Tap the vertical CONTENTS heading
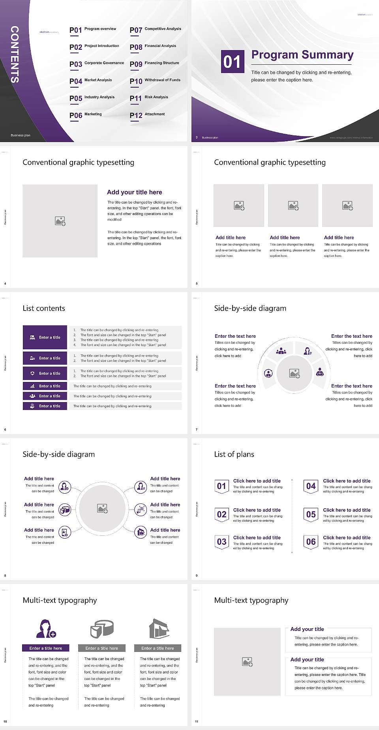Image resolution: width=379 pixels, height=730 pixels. click(x=14, y=54)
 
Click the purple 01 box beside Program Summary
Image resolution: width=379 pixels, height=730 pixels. click(x=232, y=62)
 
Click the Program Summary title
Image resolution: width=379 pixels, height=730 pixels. click(x=302, y=55)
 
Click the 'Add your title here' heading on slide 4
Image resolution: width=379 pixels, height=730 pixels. click(x=134, y=192)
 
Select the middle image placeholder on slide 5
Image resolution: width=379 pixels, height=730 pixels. click(x=293, y=206)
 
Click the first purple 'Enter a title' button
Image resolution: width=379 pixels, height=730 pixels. click(x=45, y=337)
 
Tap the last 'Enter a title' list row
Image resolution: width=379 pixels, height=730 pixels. click(x=45, y=406)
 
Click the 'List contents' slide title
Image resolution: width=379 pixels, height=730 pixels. click(x=44, y=308)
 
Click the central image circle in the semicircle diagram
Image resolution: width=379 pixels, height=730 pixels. click(x=295, y=373)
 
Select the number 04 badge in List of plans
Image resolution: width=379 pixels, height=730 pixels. click(x=311, y=486)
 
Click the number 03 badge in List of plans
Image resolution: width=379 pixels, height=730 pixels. click(x=222, y=542)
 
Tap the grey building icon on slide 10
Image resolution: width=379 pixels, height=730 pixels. click(x=159, y=629)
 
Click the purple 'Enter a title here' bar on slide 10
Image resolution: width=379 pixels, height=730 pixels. click(x=46, y=648)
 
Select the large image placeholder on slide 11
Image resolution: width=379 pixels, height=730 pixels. click(x=247, y=662)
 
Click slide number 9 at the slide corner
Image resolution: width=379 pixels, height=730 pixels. click(x=197, y=575)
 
